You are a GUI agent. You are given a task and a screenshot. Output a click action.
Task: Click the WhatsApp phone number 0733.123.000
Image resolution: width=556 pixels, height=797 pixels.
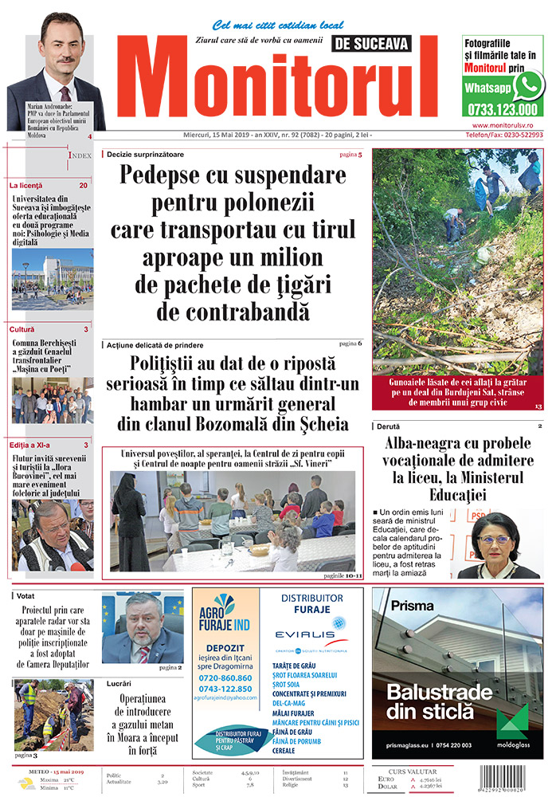coord(503,109)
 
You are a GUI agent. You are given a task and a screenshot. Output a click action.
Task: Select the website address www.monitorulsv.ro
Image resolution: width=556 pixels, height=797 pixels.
coord(507,125)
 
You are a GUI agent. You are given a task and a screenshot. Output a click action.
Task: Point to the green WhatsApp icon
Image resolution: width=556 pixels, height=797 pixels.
coord(528,84)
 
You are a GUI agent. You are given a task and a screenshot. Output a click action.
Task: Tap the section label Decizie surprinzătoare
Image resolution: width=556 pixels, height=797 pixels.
coord(146,154)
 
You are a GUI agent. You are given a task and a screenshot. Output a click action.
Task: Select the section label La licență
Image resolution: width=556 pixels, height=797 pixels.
coord(26,185)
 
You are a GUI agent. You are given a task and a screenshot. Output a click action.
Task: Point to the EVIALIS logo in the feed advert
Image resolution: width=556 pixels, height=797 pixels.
coord(306,634)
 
